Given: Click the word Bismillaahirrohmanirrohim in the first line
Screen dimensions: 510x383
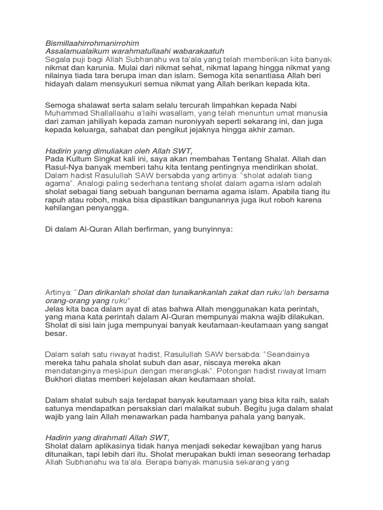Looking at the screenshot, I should (x=92, y=43).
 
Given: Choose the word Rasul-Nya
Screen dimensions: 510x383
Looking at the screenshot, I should (x=62, y=167).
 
